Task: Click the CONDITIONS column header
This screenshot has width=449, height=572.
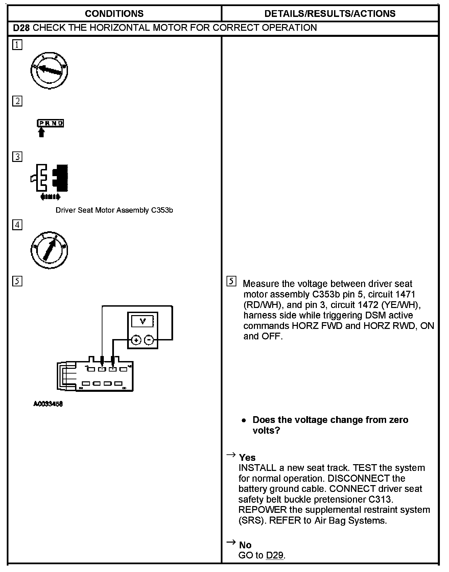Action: (x=114, y=14)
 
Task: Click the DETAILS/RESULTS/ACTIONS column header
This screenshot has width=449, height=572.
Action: (x=330, y=14)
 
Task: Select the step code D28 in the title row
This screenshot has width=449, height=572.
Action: (x=21, y=28)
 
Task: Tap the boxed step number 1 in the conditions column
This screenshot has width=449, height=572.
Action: (x=17, y=45)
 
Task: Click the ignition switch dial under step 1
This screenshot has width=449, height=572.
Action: (x=49, y=70)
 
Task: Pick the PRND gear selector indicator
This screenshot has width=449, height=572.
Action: (x=50, y=123)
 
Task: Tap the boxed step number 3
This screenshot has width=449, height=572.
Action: (x=17, y=157)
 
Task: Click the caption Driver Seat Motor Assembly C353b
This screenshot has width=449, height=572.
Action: (x=114, y=210)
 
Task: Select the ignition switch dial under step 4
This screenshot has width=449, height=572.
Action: (x=49, y=250)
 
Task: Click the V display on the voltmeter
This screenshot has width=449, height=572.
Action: (x=143, y=321)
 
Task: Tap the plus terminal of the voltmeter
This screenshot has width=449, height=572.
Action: (x=136, y=340)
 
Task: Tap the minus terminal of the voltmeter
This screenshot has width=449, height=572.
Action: (x=149, y=340)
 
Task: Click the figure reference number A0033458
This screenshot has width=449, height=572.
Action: (x=48, y=404)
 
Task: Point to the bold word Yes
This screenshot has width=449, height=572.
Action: (x=247, y=457)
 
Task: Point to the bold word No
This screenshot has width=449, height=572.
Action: (x=245, y=545)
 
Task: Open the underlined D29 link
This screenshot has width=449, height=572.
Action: (x=275, y=555)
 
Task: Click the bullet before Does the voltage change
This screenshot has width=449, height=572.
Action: (x=244, y=420)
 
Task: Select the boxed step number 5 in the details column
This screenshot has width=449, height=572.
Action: (x=231, y=281)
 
